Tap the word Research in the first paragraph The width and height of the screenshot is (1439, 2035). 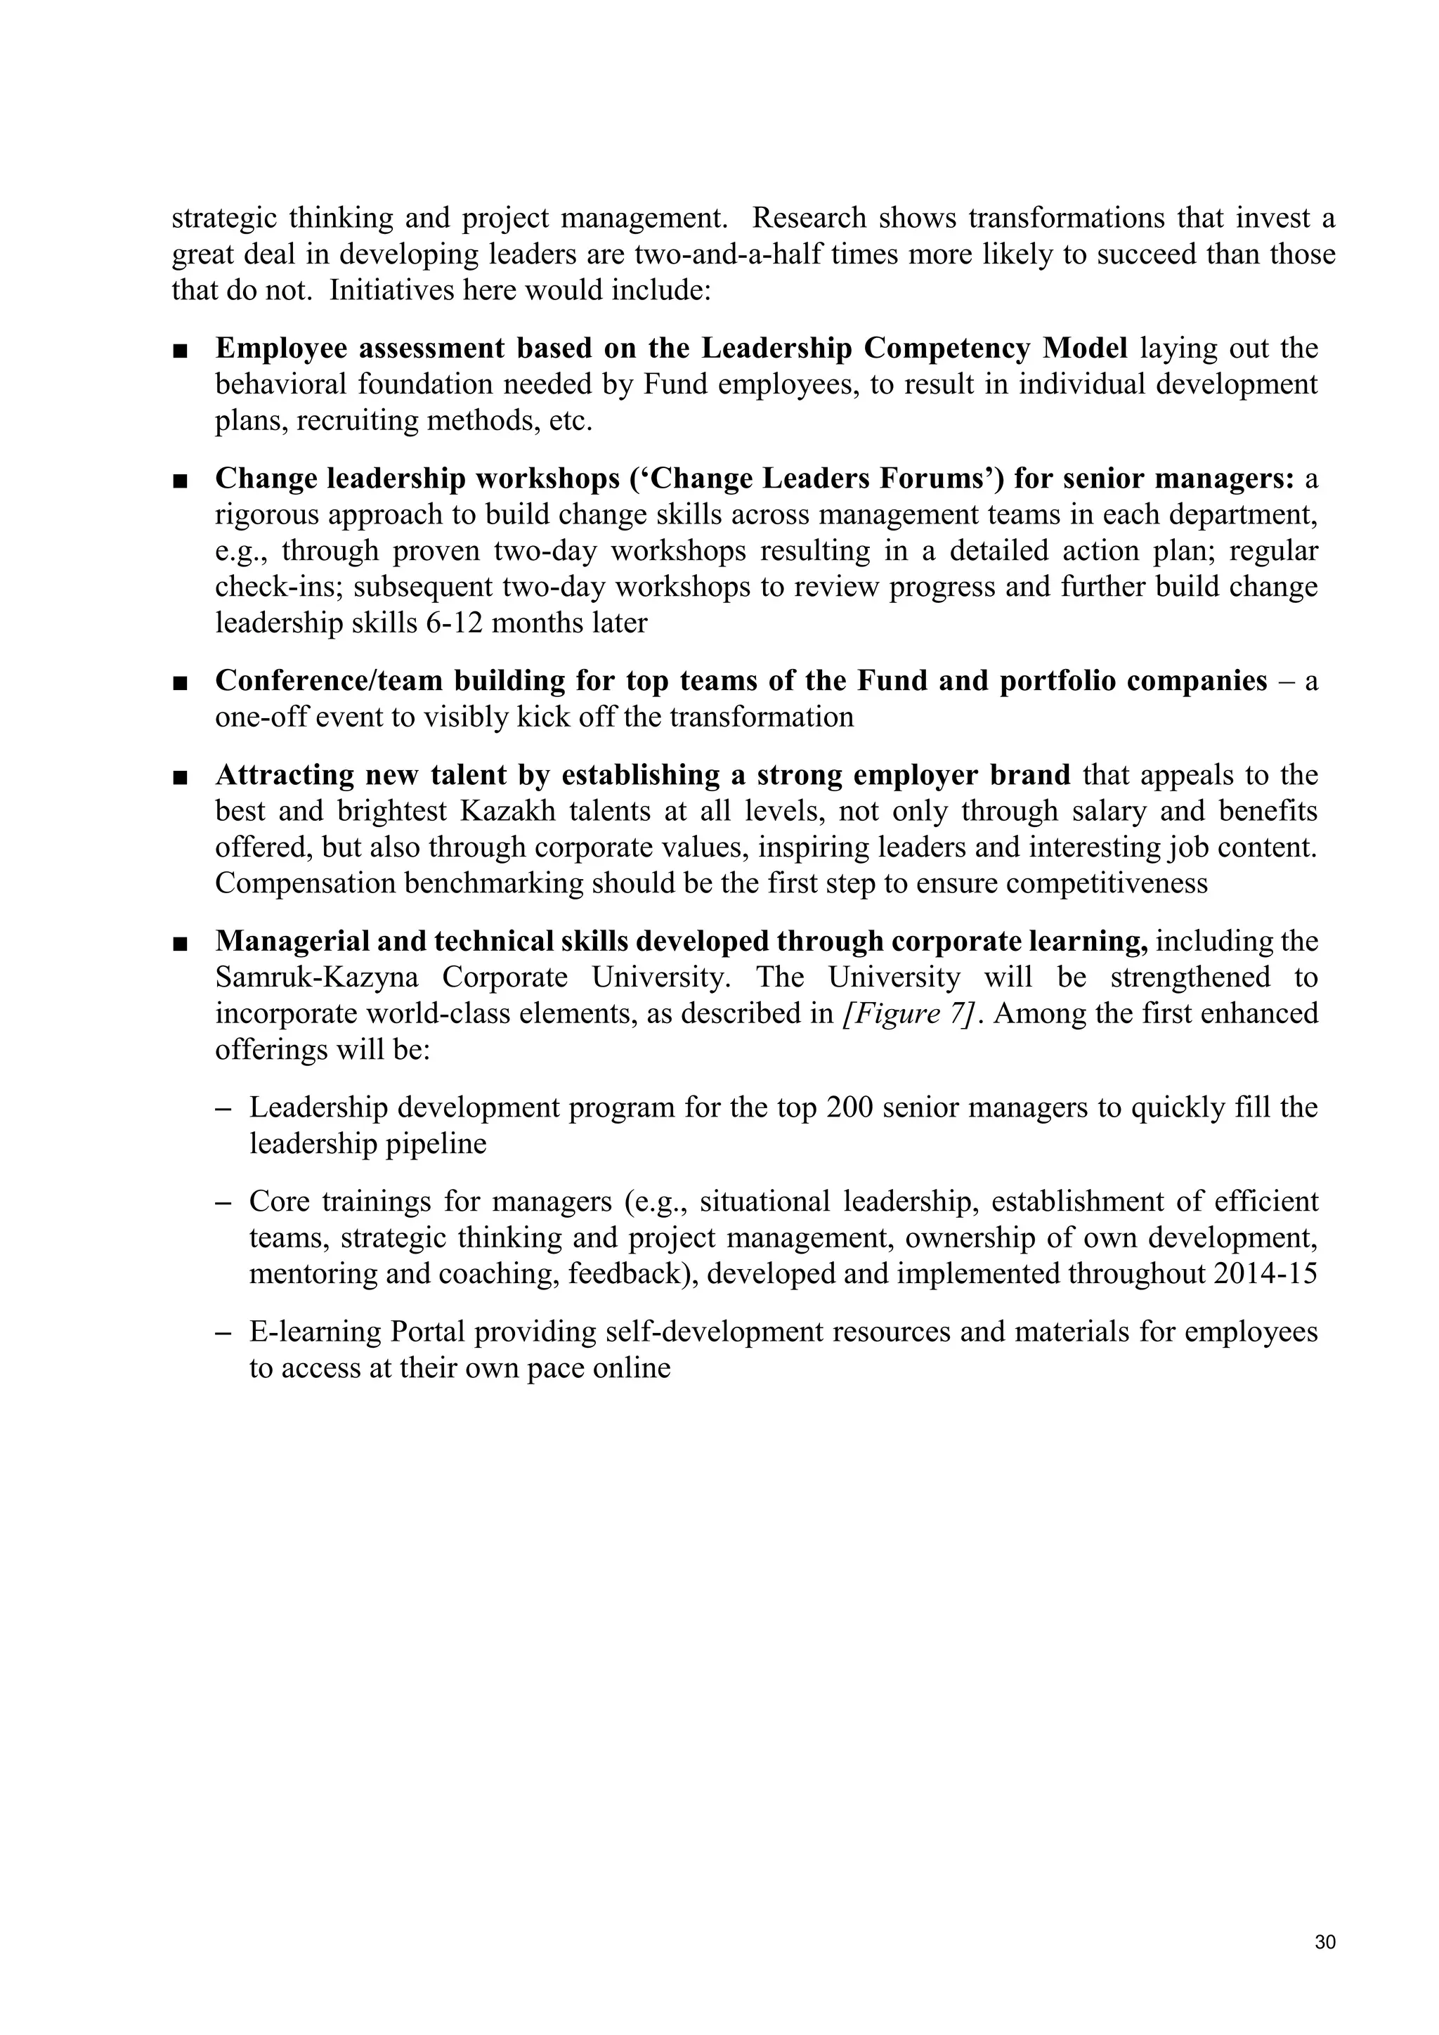[x=809, y=218]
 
